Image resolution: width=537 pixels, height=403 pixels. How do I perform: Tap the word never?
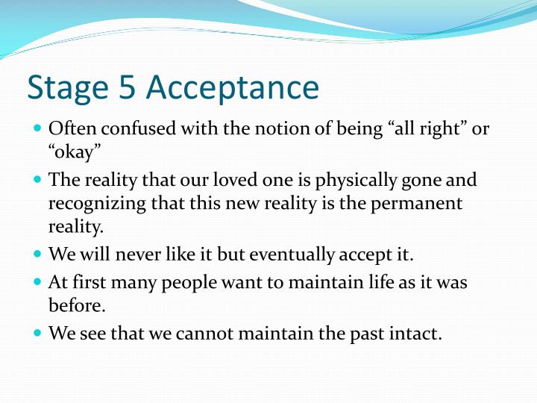tap(140, 254)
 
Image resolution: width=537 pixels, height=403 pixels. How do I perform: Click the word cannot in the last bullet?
tap(203, 334)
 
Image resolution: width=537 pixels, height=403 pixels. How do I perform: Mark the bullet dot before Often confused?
tap(38, 128)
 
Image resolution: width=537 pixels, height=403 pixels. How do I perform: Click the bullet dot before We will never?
tap(38, 254)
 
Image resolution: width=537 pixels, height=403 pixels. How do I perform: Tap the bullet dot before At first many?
tap(38, 283)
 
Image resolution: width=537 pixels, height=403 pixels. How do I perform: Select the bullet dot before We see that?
tap(38, 334)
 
